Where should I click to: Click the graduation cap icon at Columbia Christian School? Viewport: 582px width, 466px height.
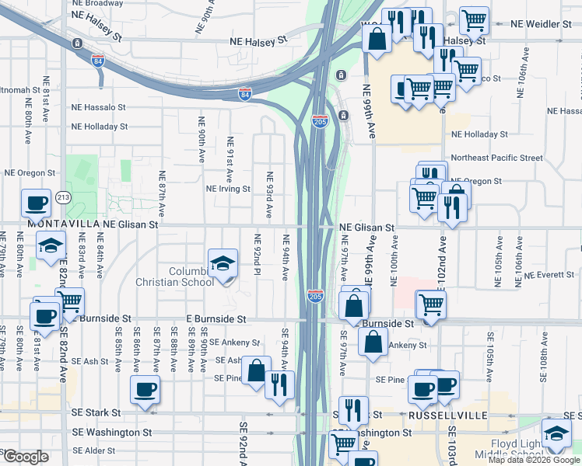pyautogui.click(x=223, y=263)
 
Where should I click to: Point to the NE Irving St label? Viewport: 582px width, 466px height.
pyautogui.click(x=228, y=189)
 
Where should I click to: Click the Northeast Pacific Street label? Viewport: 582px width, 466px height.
pyautogui.click(x=496, y=158)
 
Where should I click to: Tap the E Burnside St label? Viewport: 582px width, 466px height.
pyautogui.click(x=216, y=319)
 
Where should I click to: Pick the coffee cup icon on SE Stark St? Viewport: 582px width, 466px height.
pyautogui.click(x=145, y=389)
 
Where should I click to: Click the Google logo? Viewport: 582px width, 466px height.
pyautogui.click(x=26, y=457)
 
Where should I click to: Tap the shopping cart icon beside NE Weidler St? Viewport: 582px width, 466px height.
pyautogui.click(x=474, y=19)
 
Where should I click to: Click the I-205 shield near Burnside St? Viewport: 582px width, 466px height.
pyautogui.click(x=314, y=297)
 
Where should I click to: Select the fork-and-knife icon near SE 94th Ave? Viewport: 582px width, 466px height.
pyautogui.click(x=279, y=384)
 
